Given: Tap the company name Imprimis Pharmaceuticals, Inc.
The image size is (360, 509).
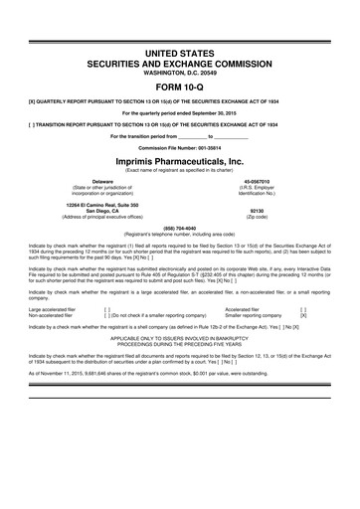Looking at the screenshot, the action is [180, 163].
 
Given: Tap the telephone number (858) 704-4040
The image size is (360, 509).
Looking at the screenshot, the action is [180, 225].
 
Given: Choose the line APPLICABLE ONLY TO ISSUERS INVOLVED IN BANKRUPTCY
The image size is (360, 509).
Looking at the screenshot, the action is [180, 340].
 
